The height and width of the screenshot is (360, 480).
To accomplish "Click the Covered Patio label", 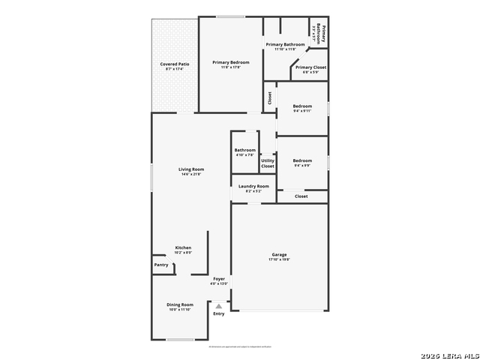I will pyautogui.click(x=174, y=64).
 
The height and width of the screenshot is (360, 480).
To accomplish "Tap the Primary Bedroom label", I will pyautogui.click(x=230, y=62).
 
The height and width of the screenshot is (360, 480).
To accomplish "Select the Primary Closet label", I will pyautogui.click(x=310, y=67).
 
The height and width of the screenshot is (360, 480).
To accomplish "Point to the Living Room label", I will pyautogui.click(x=191, y=169).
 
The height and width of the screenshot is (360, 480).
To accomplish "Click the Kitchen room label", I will pyautogui.click(x=183, y=247).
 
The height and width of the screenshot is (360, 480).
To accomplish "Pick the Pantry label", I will pyautogui.click(x=161, y=265).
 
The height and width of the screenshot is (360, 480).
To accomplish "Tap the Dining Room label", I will pyautogui.click(x=180, y=304).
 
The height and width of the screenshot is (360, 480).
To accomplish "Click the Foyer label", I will pyautogui.click(x=219, y=279).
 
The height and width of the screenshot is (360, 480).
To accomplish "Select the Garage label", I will pyautogui.click(x=279, y=255).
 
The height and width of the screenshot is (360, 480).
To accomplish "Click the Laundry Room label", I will pyautogui.click(x=253, y=186).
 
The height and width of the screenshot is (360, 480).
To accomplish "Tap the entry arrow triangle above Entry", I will pyautogui.click(x=219, y=306).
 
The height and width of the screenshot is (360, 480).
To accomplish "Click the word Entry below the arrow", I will pyautogui.click(x=219, y=313).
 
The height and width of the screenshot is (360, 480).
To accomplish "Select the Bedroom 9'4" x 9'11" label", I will pyautogui.click(x=302, y=106).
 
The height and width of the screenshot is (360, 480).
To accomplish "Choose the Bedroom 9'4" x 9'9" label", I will pyautogui.click(x=302, y=160).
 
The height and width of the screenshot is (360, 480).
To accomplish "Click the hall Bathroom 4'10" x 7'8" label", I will pyautogui.click(x=245, y=150).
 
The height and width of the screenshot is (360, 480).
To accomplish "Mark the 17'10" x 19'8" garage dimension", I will pyautogui.click(x=279, y=259).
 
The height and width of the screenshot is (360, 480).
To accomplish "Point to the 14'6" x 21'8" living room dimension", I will pyautogui.click(x=191, y=174).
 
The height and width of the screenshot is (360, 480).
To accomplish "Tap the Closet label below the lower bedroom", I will pyautogui.click(x=301, y=196).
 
